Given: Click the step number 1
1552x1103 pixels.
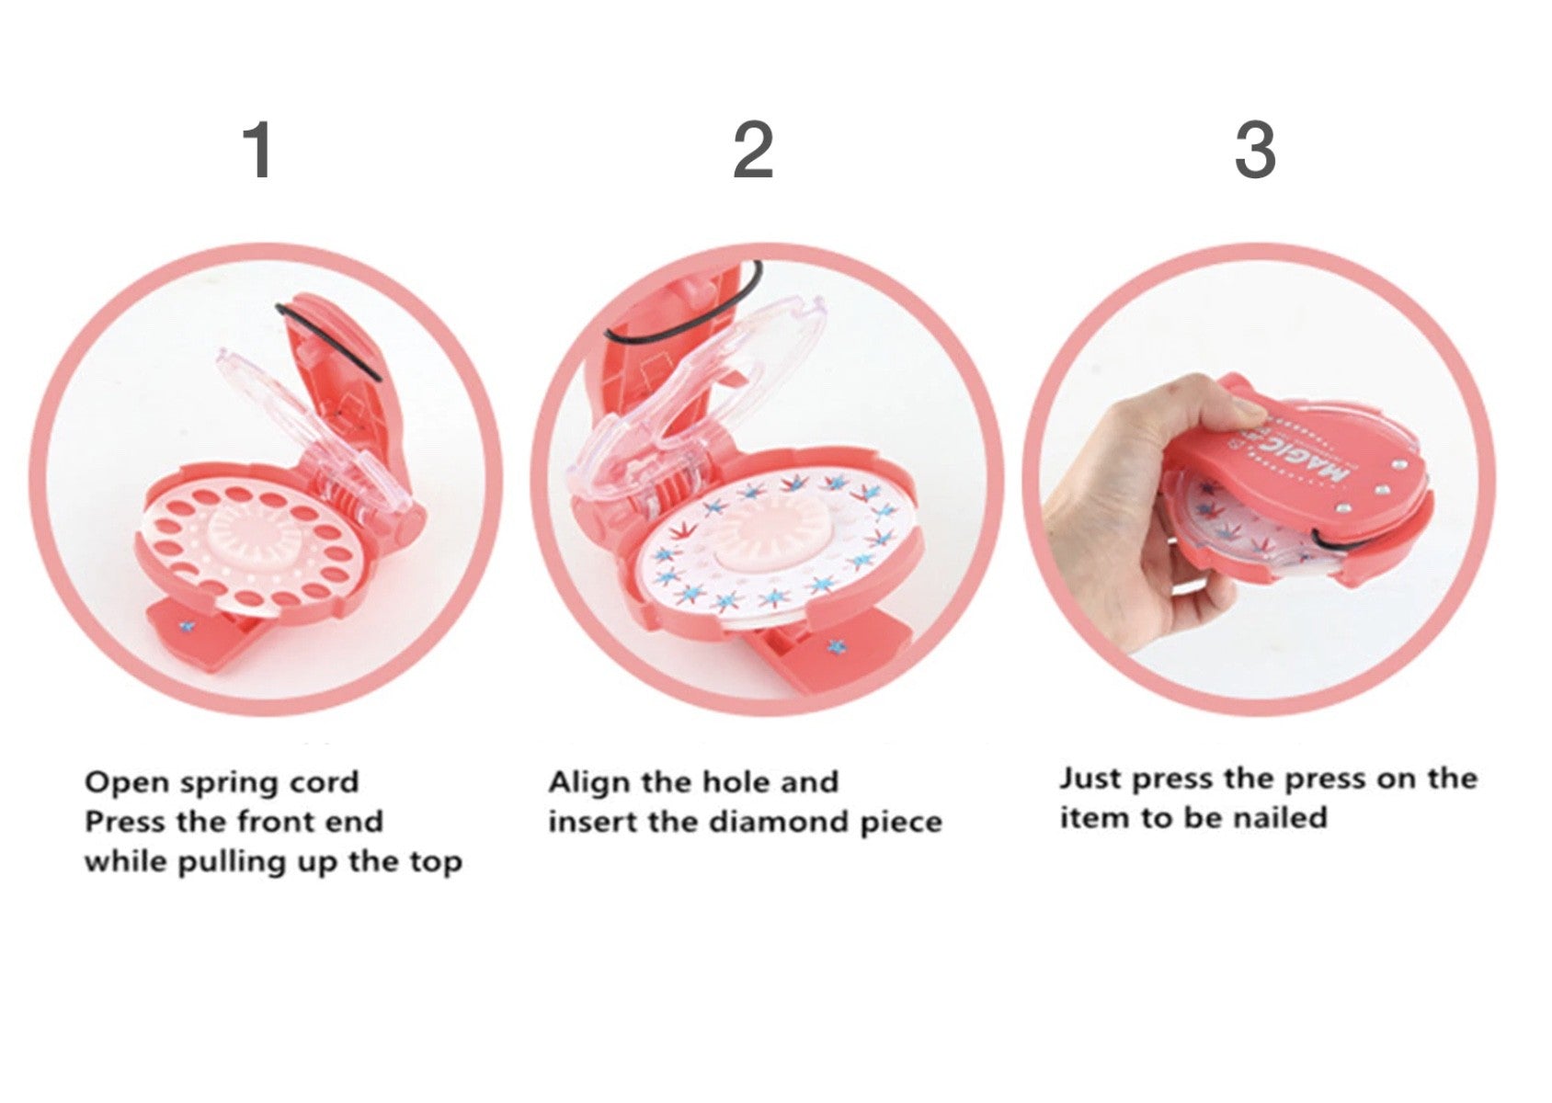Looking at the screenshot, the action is tap(259, 151).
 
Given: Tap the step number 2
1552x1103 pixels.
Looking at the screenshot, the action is tap(753, 150).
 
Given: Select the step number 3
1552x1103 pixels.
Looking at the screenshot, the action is tap(1255, 150).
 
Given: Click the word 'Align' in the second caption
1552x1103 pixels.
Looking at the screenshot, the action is tap(590, 784).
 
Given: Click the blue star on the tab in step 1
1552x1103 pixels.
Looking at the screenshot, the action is tap(185, 627).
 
